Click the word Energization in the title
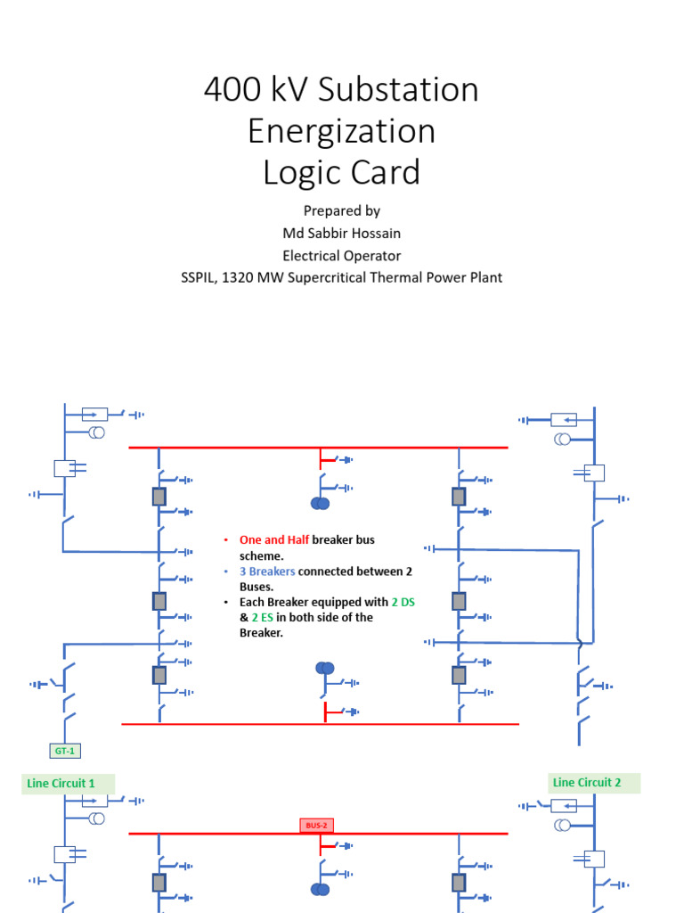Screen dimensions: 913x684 (x=341, y=131)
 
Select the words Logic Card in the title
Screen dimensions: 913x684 (x=341, y=172)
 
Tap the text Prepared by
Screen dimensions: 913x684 (x=341, y=210)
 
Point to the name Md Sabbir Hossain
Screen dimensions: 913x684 (x=341, y=233)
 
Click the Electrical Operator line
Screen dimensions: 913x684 (x=341, y=255)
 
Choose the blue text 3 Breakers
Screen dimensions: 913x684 (x=267, y=572)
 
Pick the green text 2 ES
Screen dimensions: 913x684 (x=260, y=618)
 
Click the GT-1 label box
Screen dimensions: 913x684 (x=64, y=751)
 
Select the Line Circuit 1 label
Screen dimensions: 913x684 (x=61, y=784)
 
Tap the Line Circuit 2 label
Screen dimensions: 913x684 (x=587, y=783)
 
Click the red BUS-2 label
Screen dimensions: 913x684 (x=317, y=826)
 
